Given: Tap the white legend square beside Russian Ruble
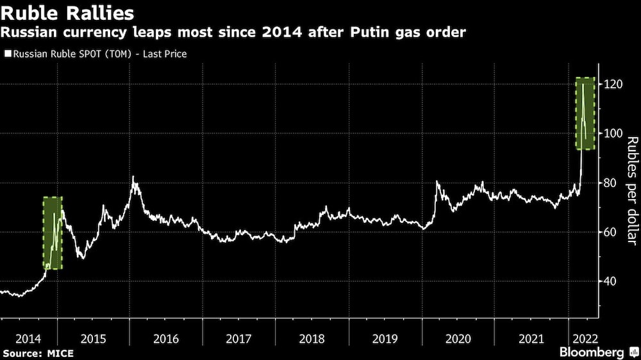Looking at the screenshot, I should [7, 54].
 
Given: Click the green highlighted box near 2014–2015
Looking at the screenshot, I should [53, 233].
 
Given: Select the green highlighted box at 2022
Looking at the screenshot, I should [585, 113].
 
